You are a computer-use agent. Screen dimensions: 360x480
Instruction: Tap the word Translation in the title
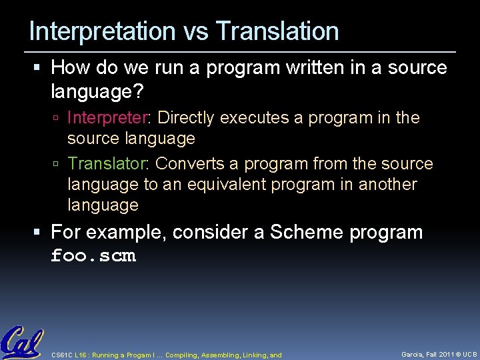pos(277,31)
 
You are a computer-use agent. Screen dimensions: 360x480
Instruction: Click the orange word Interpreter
pos(109,118)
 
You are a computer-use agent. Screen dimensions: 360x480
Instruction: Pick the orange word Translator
pos(109,164)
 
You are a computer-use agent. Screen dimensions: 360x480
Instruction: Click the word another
pos(387,185)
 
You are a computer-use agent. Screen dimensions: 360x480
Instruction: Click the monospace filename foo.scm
pos(93,256)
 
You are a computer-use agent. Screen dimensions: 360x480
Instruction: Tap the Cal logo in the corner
pos(21,342)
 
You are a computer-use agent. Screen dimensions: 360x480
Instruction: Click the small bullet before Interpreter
pos(58,119)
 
